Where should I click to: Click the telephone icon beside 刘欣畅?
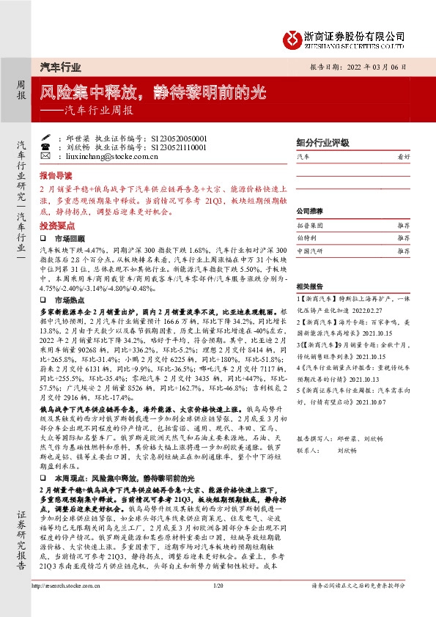point(45,147)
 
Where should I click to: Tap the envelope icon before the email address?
point(45,156)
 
